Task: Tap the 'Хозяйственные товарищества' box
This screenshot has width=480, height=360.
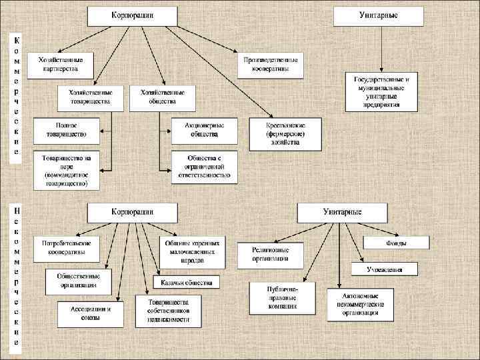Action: (91, 97)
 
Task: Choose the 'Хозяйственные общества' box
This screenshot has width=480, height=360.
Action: (163, 97)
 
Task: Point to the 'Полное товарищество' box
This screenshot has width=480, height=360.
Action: (67, 129)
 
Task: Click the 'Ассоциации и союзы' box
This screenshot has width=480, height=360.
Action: (90, 313)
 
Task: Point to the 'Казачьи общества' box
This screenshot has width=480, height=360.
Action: (186, 281)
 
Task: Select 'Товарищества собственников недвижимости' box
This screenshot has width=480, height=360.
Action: (168, 311)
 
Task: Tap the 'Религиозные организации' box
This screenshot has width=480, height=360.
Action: (270, 253)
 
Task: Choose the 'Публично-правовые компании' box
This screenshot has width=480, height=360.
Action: (283, 297)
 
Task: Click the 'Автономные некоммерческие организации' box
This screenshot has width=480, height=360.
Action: (360, 305)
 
